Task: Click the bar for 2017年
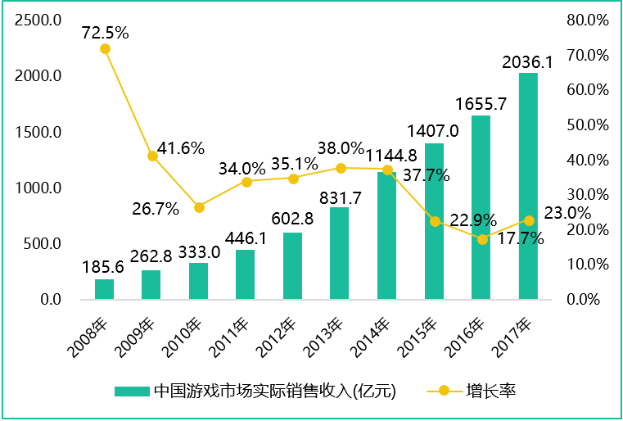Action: (528, 186)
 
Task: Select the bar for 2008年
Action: (105, 289)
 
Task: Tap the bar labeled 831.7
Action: (340, 253)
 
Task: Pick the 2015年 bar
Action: (434, 221)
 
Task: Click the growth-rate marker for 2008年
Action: (105, 49)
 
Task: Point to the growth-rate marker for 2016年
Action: (482, 239)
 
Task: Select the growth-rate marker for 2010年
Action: (199, 207)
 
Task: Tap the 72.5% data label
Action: (106, 33)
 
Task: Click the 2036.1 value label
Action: (527, 61)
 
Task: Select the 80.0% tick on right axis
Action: (588, 20)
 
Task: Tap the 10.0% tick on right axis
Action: (588, 265)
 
